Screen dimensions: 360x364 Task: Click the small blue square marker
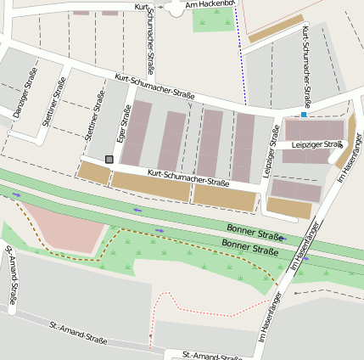click(x=303, y=115)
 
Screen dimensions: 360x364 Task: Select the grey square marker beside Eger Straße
click(x=109, y=159)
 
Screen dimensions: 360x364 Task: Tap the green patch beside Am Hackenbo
click(x=212, y=20)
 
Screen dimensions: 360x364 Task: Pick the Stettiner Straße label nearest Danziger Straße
click(x=54, y=103)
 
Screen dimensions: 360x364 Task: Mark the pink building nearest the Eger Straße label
click(x=137, y=132)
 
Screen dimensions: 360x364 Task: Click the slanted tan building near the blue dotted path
click(x=276, y=28)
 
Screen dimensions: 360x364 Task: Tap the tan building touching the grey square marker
click(x=94, y=172)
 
